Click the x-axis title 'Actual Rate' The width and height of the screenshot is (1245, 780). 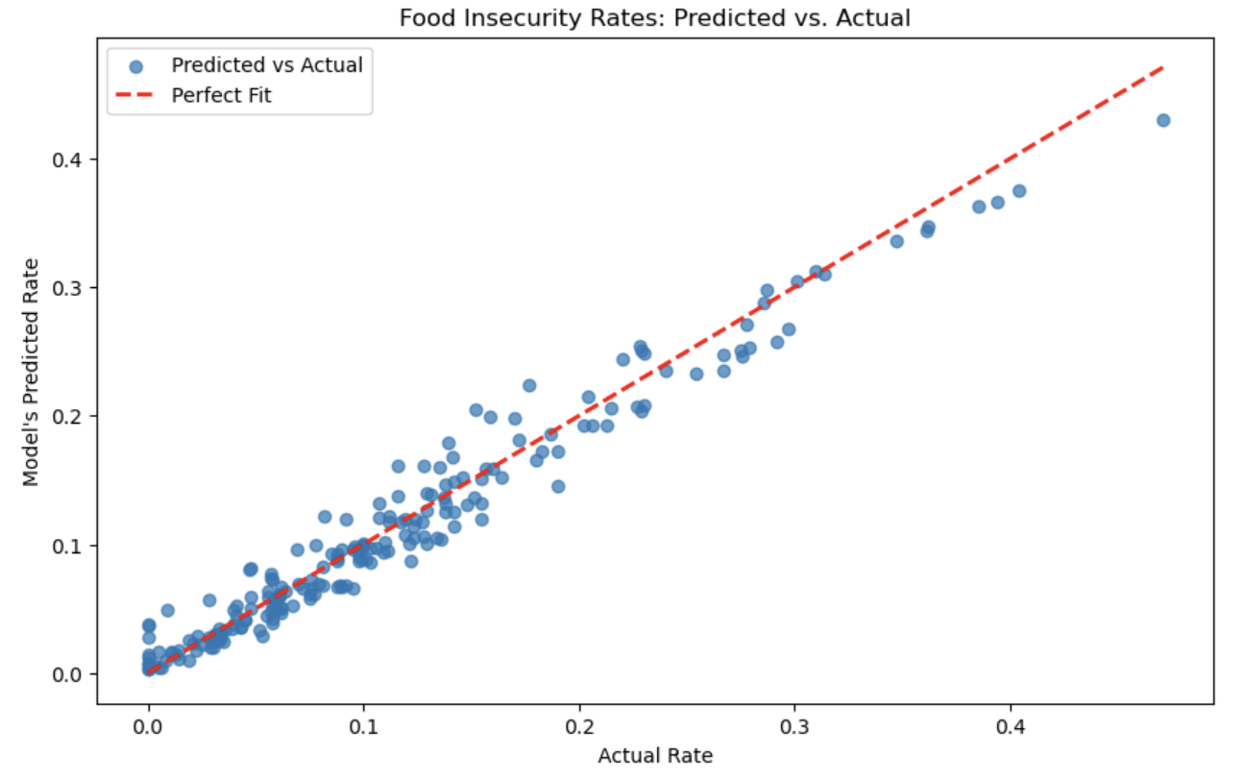(x=655, y=756)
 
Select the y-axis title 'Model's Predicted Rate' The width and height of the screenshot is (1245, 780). (x=32, y=372)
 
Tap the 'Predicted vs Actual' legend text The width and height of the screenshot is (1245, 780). (x=267, y=65)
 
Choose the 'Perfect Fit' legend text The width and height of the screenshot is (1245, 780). (x=222, y=96)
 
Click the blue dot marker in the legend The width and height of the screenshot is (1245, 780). (x=135, y=66)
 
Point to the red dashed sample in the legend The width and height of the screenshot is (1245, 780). (x=135, y=96)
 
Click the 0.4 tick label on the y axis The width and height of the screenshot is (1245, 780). (x=68, y=158)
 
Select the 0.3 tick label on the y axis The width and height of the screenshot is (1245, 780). (x=68, y=287)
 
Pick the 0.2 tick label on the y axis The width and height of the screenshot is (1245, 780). (x=68, y=416)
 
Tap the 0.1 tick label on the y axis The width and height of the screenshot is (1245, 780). (x=68, y=545)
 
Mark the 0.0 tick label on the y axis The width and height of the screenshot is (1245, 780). (x=68, y=673)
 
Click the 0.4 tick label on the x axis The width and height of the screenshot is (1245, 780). (x=1011, y=725)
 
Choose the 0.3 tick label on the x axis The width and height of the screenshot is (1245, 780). (x=794, y=725)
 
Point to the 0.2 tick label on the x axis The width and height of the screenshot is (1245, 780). (x=579, y=725)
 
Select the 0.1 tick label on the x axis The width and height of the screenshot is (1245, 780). (x=364, y=725)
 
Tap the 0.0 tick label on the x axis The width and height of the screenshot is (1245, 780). (x=149, y=725)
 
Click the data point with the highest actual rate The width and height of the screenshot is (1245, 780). (x=1162, y=120)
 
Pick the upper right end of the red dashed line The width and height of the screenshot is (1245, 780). (x=1162, y=67)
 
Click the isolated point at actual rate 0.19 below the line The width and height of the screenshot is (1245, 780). (x=558, y=486)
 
